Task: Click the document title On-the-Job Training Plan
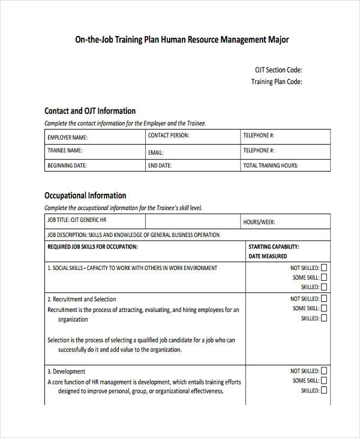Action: [x=181, y=40]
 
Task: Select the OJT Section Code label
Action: [x=276, y=70]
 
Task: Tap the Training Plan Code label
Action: [x=276, y=82]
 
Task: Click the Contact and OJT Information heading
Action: [x=90, y=111]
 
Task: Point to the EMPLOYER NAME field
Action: [x=95, y=137]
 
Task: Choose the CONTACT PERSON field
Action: [x=192, y=136]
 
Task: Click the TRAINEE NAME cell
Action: [x=95, y=151]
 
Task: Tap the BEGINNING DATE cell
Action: [x=95, y=166]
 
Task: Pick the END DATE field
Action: [x=192, y=166]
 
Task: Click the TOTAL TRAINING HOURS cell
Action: [x=285, y=166]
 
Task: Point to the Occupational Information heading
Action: [x=85, y=196]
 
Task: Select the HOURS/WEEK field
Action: [x=285, y=222]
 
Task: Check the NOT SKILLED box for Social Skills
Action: [x=324, y=268]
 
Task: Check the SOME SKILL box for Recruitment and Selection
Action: [x=324, y=308]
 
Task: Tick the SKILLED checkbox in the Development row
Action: [x=324, y=391]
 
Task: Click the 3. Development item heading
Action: [x=67, y=371]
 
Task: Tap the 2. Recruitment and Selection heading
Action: [x=82, y=299]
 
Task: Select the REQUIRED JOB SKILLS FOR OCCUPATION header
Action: [x=92, y=247]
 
